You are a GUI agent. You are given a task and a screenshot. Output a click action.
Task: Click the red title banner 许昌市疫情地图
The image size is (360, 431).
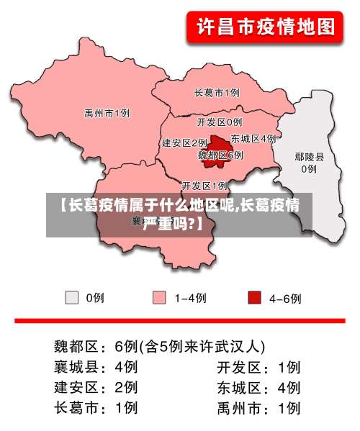(x=266, y=28)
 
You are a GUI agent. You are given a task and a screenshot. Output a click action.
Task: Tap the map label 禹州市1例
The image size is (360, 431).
(x=107, y=113)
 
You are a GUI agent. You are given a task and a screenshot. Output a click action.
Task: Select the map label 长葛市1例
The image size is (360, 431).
(x=217, y=92)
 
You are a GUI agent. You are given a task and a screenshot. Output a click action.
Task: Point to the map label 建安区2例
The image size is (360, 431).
(x=184, y=142)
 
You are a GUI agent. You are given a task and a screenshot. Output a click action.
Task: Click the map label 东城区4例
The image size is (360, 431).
(x=253, y=137)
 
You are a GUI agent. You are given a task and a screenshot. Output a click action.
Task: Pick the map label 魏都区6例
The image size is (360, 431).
(x=220, y=155)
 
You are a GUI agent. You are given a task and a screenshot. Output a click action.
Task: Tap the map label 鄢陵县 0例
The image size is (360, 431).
(x=309, y=163)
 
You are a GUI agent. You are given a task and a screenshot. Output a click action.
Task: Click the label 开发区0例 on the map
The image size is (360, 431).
(x=220, y=122)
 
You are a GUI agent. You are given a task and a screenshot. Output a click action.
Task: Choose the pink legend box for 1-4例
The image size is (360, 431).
(x=160, y=297)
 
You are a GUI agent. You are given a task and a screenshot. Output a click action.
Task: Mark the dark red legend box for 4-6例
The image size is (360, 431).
(x=254, y=297)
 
